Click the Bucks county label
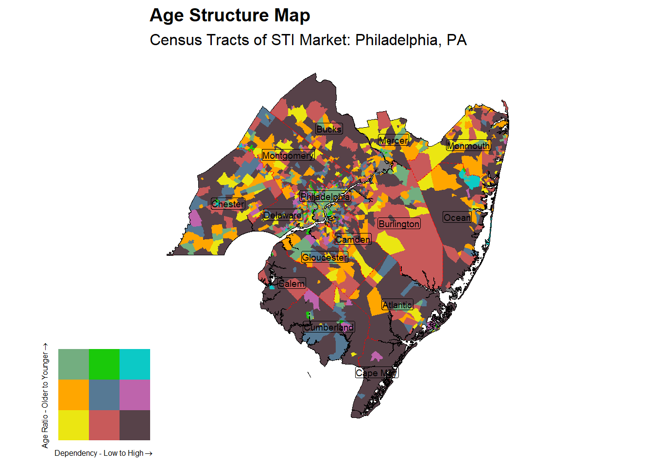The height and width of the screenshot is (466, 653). point(329,129)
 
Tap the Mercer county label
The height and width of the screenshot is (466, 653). point(393,140)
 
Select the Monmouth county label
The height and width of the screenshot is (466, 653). point(468,146)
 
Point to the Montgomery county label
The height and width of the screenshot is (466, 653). point(288,155)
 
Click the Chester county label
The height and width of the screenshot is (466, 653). point(228,204)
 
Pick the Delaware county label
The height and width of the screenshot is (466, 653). point(283,215)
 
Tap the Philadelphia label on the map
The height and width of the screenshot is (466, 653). point(325,197)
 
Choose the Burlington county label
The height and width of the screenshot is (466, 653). point(399,224)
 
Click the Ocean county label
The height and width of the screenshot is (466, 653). point(457,217)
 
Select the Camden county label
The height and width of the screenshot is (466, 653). point(353,239)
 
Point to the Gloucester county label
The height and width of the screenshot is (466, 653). point(325,257)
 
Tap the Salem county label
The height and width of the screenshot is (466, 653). point(292,283)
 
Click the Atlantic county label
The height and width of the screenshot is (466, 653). point(397,305)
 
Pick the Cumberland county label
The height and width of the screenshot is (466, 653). point(329,327)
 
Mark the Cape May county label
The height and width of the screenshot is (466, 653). point(377,373)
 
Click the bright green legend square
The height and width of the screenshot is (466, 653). point(104,364)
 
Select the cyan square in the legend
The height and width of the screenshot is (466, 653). point(135,364)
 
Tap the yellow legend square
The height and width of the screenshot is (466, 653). point(73,425)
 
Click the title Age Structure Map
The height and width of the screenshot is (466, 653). point(230,16)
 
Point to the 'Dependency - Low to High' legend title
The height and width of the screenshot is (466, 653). point(103,453)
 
